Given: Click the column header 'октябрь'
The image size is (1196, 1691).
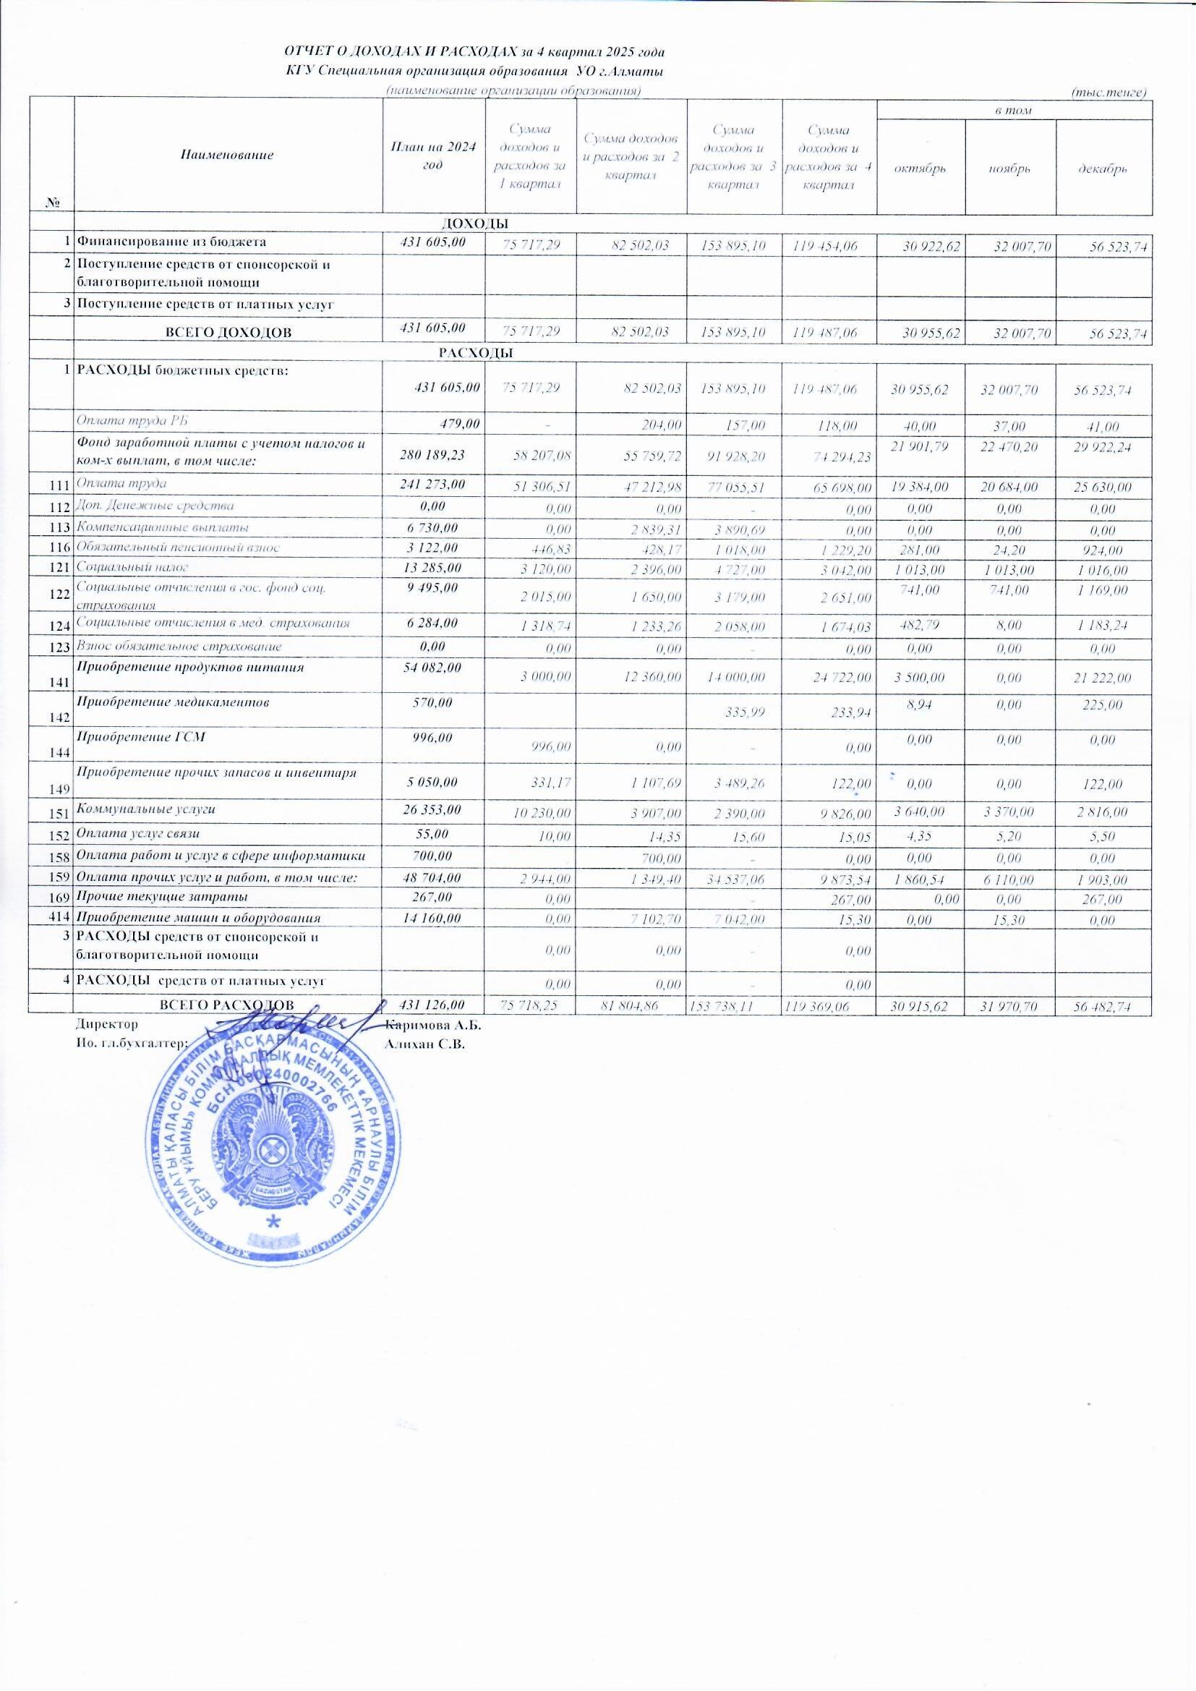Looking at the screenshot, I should point(920,169).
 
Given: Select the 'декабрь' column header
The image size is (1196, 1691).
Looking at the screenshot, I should point(1104,169).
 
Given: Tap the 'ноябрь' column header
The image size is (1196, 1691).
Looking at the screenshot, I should point(1009,169).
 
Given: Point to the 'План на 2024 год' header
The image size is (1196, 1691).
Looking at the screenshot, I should point(433,156).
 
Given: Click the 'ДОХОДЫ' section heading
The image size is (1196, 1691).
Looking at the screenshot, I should point(476,223).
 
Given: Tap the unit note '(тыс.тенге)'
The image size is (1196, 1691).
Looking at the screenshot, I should point(1109,92).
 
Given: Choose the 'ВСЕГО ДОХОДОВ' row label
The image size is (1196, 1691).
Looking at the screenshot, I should point(230,332).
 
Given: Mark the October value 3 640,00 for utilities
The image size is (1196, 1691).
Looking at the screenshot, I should point(917,811).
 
